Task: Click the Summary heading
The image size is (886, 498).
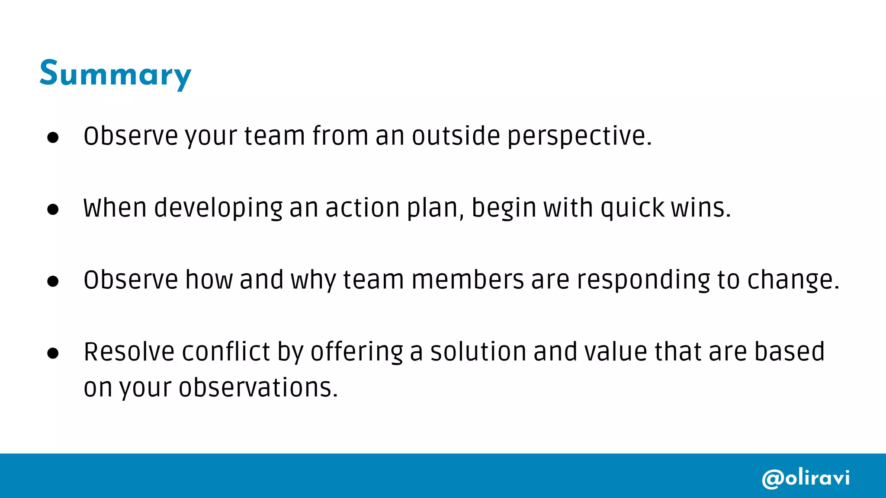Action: (x=115, y=74)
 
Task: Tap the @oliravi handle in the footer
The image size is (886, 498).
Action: (x=806, y=478)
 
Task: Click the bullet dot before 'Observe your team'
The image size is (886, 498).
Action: (x=53, y=137)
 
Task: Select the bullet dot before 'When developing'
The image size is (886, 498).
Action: (x=53, y=209)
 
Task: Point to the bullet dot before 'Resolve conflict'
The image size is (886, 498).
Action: (x=53, y=353)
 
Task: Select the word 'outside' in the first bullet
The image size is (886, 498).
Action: (x=456, y=136)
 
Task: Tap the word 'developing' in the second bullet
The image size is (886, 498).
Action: (x=218, y=208)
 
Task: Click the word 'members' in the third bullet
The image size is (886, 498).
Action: (x=468, y=280)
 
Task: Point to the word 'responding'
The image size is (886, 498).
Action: (x=644, y=280)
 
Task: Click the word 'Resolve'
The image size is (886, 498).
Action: (x=129, y=351)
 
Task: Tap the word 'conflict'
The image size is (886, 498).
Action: (x=226, y=351)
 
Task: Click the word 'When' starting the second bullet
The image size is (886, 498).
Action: (x=115, y=208)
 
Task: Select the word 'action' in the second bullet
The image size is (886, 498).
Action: (x=363, y=208)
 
